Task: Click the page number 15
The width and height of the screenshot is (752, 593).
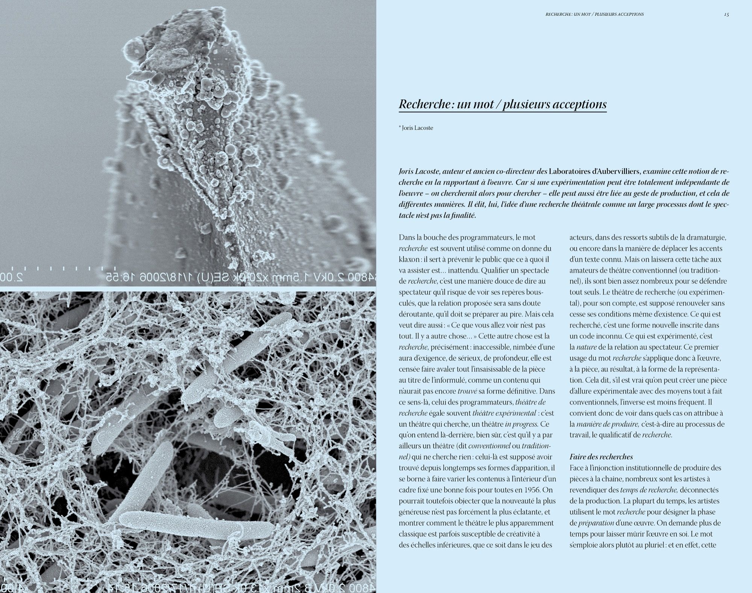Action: click(726, 14)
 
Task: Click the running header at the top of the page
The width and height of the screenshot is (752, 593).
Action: click(594, 14)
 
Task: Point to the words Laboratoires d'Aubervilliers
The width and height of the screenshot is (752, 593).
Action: click(594, 172)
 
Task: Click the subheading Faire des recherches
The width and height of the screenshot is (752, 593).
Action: click(601, 457)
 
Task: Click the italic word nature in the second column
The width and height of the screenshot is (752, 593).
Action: click(586, 347)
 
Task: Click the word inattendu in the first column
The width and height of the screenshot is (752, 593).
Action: click(460, 270)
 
